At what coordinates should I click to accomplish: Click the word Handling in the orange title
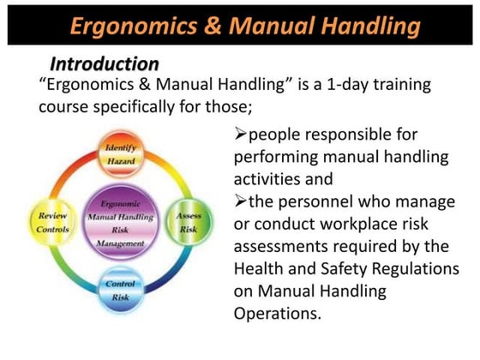click(x=368, y=25)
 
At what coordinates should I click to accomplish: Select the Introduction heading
click(x=104, y=64)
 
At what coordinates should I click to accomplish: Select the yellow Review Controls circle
click(x=52, y=222)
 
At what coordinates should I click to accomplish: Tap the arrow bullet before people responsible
click(x=240, y=135)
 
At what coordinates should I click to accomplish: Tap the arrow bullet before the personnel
click(x=240, y=201)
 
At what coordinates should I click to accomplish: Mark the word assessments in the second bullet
click(x=284, y=246)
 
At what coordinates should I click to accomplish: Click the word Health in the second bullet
click(x=258, y=268)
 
